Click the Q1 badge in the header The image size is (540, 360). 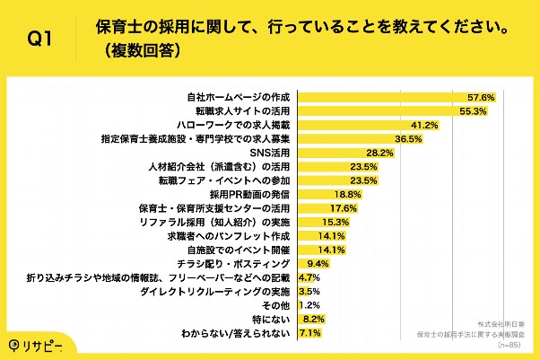(39, 39)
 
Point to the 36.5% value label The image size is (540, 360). (409, 139)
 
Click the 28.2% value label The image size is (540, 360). (381, 154)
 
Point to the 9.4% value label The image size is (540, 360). (320, 264)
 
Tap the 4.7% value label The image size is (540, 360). (309, 278)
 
